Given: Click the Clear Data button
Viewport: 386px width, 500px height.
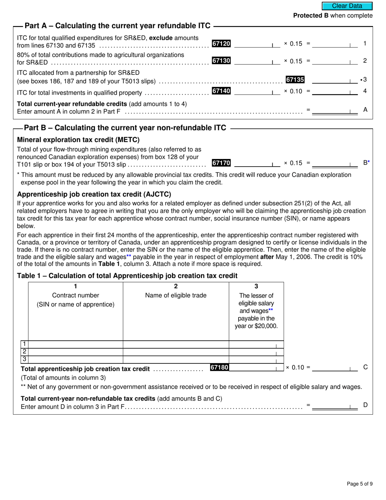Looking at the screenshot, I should tap(347, 6).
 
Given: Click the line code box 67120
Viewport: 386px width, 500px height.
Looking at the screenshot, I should tap(221, 43).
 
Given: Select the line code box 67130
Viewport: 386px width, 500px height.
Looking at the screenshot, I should tap(221, 61).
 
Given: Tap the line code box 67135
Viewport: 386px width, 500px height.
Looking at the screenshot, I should tap(295, 80).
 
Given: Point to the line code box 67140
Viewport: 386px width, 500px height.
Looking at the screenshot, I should tap(221, 91).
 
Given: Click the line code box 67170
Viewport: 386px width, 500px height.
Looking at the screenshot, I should tap(221, 163).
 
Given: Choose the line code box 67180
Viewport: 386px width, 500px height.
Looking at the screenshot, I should tap(219, 367).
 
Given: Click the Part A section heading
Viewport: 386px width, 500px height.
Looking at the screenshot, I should tap(117, 26).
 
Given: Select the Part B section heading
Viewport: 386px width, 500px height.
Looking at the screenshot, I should tap(125, 128).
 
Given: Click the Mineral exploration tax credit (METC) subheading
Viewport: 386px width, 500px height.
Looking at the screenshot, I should tap(78, 140).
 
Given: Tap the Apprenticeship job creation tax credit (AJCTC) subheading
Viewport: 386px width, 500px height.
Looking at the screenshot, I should tap(94, 194).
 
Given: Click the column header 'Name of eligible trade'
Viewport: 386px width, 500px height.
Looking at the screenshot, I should tap(176, 296).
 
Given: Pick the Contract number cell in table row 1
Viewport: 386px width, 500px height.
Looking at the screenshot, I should tap(76, 345).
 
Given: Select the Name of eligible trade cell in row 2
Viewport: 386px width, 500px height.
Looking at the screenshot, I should tap(176, 352).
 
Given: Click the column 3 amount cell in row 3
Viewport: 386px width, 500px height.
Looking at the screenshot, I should tap(256, 360).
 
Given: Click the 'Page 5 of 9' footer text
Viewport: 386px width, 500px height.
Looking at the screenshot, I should tap(360, 484).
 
